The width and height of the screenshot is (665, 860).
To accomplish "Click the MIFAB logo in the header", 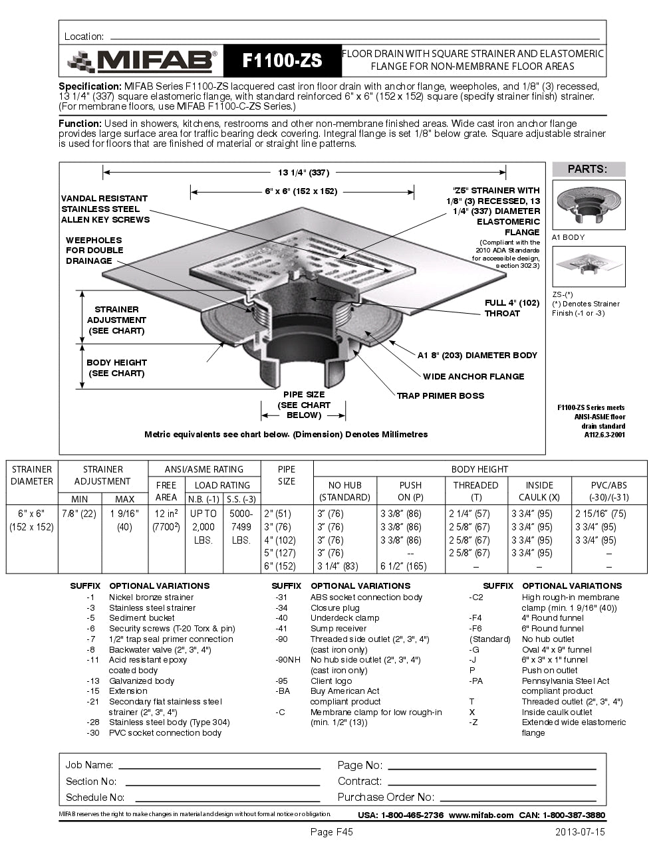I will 142,61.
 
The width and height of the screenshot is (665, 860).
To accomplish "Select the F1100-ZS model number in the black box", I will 282,61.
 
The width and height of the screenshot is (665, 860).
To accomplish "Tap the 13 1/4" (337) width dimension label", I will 303,173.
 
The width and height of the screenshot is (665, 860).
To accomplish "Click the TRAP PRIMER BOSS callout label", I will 440,395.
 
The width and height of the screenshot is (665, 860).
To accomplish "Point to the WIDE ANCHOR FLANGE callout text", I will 473,376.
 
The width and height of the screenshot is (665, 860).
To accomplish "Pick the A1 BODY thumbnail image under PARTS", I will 589,205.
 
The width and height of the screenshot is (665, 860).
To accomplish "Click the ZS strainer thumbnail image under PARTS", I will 589,266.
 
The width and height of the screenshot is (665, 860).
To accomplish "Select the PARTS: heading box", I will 588,169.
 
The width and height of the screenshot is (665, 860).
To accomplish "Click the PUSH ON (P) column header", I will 410,491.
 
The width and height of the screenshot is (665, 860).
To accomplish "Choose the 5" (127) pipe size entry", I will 279,553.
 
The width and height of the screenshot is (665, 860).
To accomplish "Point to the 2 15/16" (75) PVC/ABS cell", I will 600,513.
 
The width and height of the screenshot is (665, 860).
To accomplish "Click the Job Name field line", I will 219,766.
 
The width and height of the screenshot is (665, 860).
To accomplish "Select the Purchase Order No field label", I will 386,797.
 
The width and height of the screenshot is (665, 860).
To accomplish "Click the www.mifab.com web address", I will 481,815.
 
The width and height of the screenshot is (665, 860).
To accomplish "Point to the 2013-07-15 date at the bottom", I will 580,832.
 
